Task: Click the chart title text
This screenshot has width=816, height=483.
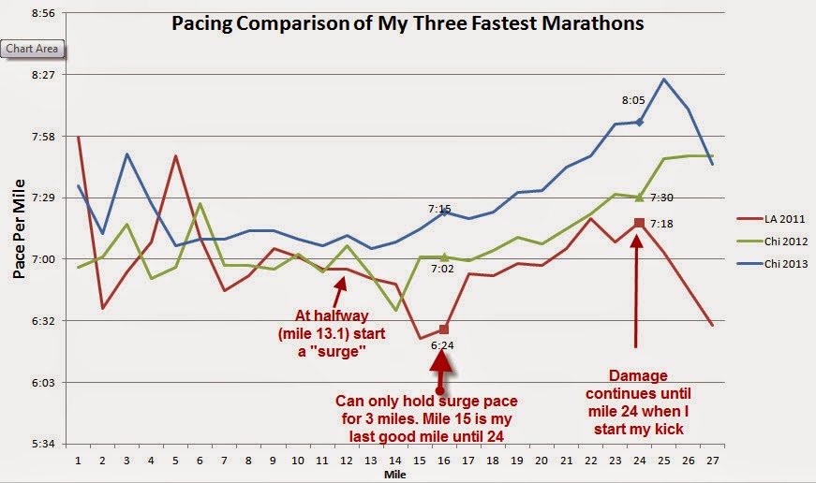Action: (x=408, y=23)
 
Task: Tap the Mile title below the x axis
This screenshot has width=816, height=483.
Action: (x=394, y=475)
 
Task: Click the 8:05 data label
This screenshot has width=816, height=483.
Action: (x=633, y=99)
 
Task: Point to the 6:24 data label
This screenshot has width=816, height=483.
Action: (x=442, y=345)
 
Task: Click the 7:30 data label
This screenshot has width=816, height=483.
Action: (x=660, y=198)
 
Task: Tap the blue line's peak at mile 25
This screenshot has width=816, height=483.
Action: (x=663, y=79)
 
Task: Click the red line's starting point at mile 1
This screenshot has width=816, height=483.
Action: (x=78, y=137)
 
